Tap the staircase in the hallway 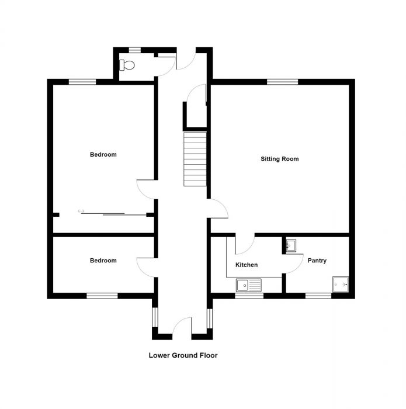tap(195, 159)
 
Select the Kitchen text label tap(246, 265)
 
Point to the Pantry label tap(317, 261)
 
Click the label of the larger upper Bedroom tap(103, 155)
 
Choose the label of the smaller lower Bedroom tap(103, 261)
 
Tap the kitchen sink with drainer tap(249, 285)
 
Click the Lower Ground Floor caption tap(183, 355)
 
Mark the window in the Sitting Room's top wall tap(282, 82)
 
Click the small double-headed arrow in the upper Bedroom tap(81, 211)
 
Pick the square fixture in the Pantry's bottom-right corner tap(340, 284)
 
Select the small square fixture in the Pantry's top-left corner tap(290, 245)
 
